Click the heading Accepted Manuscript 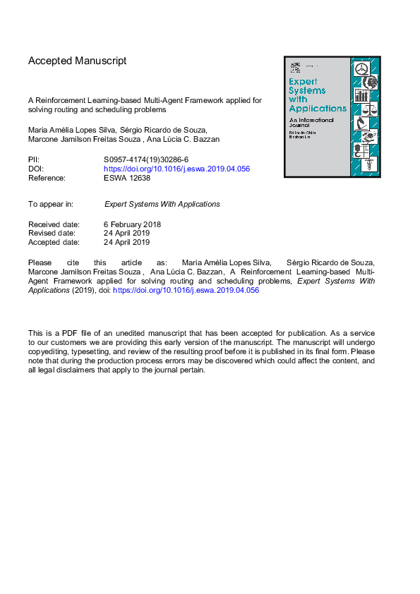77,61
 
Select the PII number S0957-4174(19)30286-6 146,160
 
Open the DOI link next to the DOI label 176,169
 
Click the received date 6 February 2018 133,224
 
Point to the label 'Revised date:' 54,234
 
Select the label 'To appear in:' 51,204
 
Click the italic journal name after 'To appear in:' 162,204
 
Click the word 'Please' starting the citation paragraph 40,262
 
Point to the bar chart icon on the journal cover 362,95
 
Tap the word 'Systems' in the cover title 308,90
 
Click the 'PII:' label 35,160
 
